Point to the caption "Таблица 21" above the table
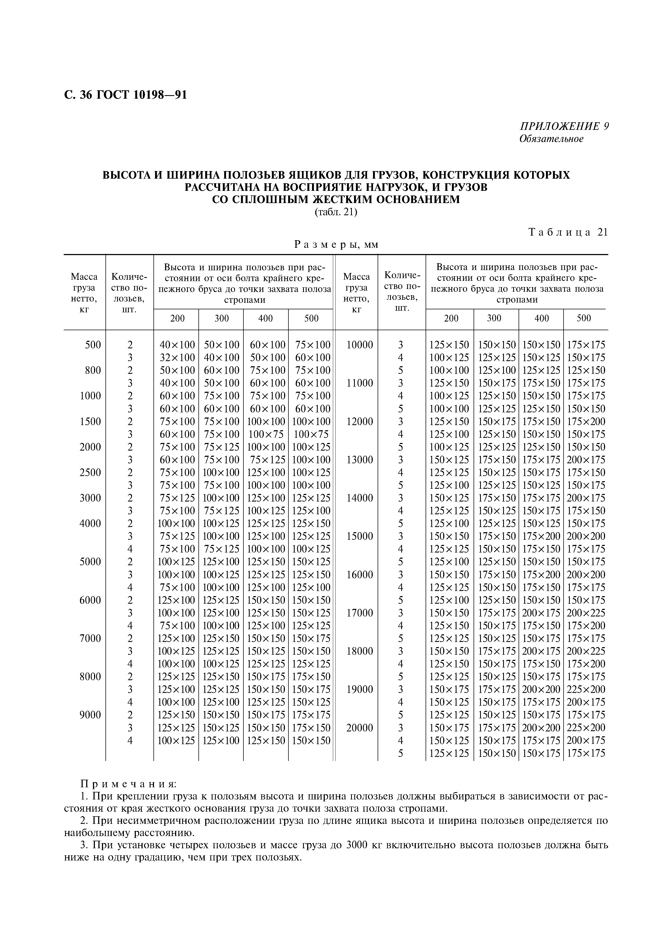coord(568,232)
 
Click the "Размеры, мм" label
coord(336,245)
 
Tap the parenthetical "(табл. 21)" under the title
coord(336,212)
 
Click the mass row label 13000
coord(359,460)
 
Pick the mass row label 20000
coord(359,728)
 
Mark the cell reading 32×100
coord(177,358)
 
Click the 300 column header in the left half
coord(221,319)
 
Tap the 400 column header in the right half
coord(541,319)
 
